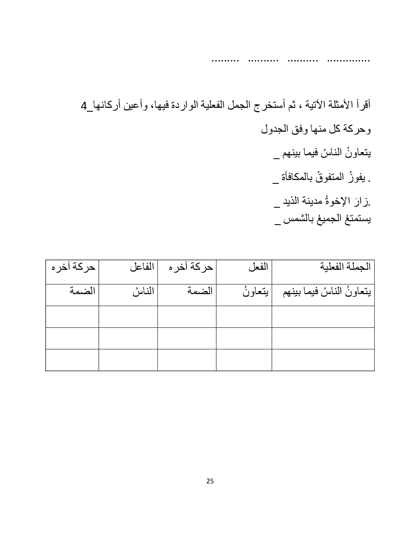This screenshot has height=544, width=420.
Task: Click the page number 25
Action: pos(210,481)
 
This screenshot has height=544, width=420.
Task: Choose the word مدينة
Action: pos(315,202)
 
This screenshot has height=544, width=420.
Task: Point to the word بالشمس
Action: pos(295,219)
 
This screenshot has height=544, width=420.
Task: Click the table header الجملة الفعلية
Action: pos(345,267)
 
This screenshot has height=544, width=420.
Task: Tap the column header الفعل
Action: pos(258,267)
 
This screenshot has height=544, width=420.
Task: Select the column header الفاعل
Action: pos(142,267)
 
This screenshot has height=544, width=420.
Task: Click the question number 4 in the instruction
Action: pos(84,106)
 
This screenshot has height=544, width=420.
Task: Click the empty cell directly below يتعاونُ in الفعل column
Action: pos(244,317)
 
